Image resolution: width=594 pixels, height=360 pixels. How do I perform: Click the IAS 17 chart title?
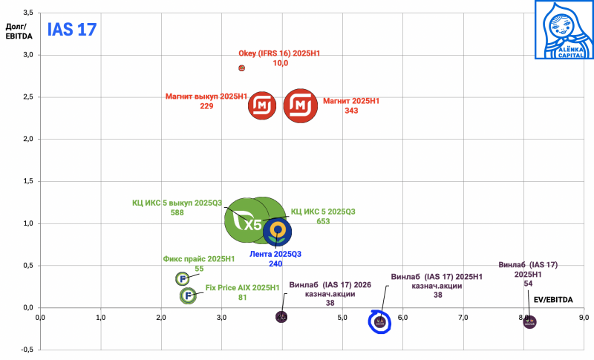pyautogui.click(x=73, y=30)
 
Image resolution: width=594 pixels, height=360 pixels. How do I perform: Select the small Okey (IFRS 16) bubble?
pyautogui.click(x=241, y=68)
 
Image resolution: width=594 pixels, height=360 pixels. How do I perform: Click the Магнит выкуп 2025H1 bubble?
pyautogui.click(x=263, y=106)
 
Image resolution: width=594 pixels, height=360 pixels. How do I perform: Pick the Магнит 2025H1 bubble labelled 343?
pyautogui.click(x=301, y=106)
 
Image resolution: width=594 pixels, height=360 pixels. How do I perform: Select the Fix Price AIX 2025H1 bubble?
pyautogui.click(x=189, y=295)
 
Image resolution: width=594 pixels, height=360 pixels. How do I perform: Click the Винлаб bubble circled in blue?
pyautogui.click(x=379, y=321)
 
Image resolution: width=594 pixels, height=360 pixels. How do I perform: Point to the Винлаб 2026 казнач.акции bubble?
pyautogui.click(x=281, y=317)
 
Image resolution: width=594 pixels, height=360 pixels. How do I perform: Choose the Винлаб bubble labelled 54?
pyautogui.click(x=529, y=321)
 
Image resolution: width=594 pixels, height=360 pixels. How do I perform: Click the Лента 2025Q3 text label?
pyautogui.click(x=275, y=254)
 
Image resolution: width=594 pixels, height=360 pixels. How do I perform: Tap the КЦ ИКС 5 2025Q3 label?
pyautogui.click(x=323, y=212)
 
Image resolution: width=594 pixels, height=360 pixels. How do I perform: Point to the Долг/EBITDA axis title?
pyautogui.click(x=16, y=33)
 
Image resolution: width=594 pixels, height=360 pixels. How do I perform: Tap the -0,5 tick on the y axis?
pyautogui.click(x=27, y=350)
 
